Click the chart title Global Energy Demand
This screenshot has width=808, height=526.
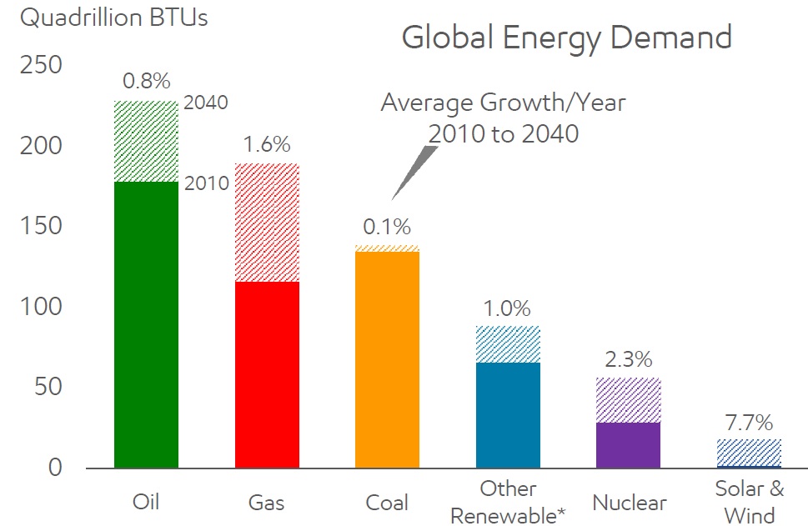[566, 38]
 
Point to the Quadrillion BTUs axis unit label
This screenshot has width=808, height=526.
[114, 18]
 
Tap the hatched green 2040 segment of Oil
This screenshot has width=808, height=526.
[147, 141]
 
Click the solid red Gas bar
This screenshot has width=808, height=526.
[267, 374]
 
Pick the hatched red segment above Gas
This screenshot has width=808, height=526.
[267, 222]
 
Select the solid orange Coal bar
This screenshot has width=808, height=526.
[388, 359]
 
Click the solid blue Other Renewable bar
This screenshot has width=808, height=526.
[508, 414]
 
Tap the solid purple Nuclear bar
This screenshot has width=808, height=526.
[629, 444]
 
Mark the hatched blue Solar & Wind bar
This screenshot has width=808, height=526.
[749, 452]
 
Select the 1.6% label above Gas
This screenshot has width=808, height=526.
[267, 144]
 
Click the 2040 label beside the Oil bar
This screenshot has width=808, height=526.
[206, 103]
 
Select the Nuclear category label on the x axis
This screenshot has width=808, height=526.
[629, 503]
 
